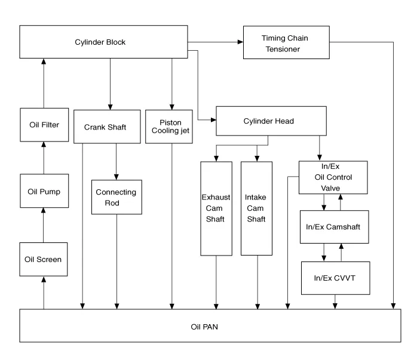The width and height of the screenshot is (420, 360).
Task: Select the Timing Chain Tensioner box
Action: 285,43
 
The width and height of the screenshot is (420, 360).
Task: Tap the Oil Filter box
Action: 43,125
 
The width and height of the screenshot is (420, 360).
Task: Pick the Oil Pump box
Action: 43,191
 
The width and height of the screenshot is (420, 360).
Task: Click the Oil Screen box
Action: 43,260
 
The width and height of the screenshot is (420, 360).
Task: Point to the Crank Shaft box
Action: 106,126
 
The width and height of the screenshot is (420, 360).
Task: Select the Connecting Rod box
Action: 116,197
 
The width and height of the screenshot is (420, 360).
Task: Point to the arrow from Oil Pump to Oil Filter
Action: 43,158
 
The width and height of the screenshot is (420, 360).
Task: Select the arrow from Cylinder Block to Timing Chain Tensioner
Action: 215,42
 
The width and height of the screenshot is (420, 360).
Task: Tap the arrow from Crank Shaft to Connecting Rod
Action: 116,161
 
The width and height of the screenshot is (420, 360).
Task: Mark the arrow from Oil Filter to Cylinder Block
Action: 43,84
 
